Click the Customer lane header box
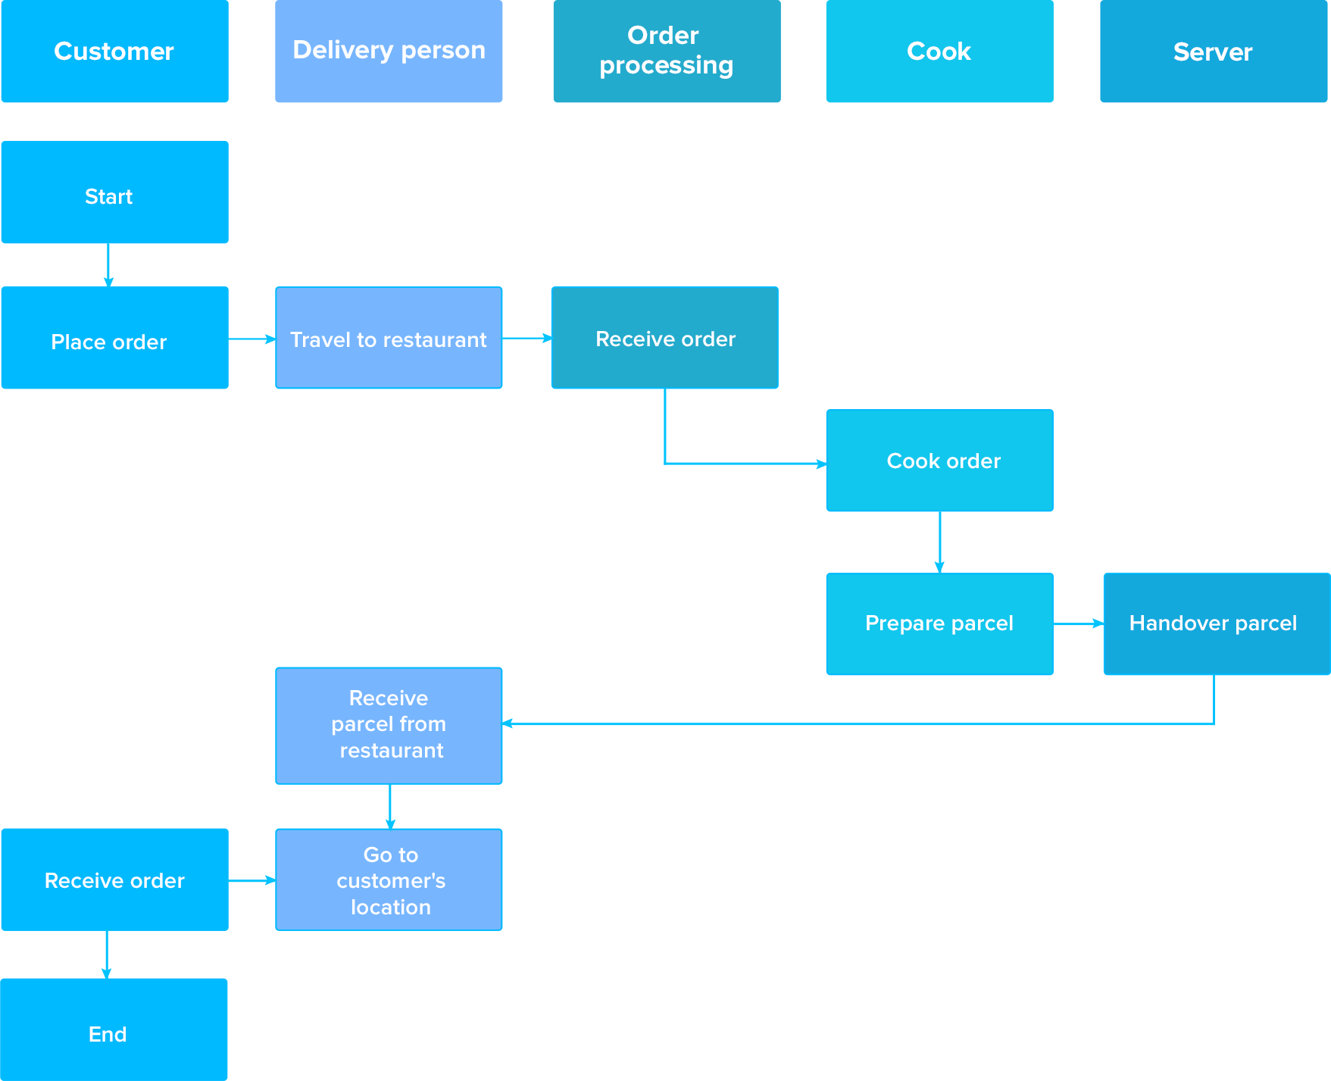pyautogui.click(x=114, y=52)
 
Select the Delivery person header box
pyautogui.click(x=389, y=52)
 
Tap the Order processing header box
pyautogui.click(x=667, y=52)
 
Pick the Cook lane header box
pyautogui.click(x=939, y=52)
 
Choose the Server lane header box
pyautogui.click(x=1214, y=52)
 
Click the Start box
pyautogui.click(x=114, y=192)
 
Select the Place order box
pyautogui.click(x=114, y=338)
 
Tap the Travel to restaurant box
pyautogui.click(x=389, y=338)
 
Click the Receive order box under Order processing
pyautogui.click(x=664, y=338)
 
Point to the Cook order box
pyautogui.click(x=939, y=461)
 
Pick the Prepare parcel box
pyautogui.click(x=939, y=623)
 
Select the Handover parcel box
pyautogui.click(x=1217, y=623)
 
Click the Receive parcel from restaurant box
pyautogui.click(x=389, y=725)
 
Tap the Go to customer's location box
pyautogui.click(x=389, y=879)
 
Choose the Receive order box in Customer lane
pyautogui.click(x=114, y=879)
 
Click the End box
pyautogui.click(x=114, y=1029)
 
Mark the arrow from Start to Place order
pyautogui.click(x=108, y=265)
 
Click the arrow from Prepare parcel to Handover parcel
pyautogui.click(x=1078, y=623)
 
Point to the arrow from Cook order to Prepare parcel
pyautogui.click(x=939, y=542)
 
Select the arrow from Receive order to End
pyautogui.click(x=107, y=954)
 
